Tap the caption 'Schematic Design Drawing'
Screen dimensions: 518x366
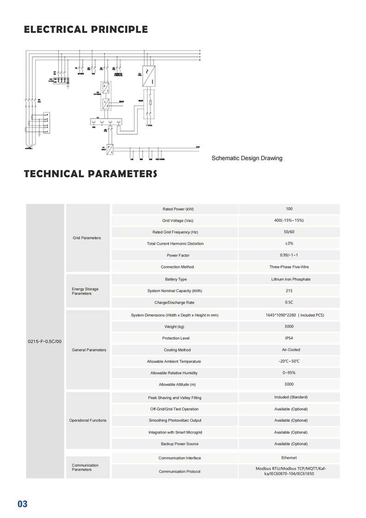point(246,158)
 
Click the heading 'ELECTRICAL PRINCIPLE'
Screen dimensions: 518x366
point(86,30)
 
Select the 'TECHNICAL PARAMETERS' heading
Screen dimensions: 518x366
point(90,174)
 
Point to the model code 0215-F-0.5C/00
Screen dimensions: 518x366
point(45,341)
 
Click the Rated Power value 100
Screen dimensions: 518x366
point(289,209)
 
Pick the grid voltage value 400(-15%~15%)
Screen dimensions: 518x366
point(289,221)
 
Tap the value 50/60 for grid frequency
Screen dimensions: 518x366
point(289,232)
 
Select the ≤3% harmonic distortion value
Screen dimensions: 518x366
point(289,244)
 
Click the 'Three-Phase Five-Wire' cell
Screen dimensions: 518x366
point(289,267)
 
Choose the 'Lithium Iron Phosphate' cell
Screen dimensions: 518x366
point(291,279)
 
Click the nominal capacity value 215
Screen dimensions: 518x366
point(289,291)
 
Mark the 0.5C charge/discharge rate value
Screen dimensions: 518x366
point(289,302)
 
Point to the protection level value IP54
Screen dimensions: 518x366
point(289,338)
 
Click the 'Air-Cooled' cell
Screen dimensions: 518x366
point(291,350)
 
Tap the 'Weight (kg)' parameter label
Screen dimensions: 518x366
point(174,327)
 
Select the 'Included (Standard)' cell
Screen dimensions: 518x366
point(291,397)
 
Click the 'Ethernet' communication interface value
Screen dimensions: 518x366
point(289,458)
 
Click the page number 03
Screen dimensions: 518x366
point(23,504)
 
